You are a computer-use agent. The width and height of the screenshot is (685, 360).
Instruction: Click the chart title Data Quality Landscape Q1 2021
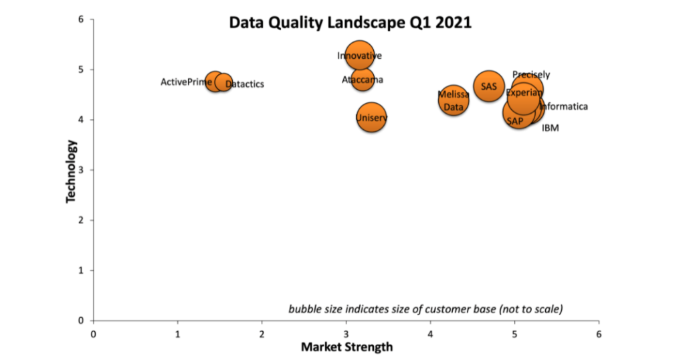click(350, 22)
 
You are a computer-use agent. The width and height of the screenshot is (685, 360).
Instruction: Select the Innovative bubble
click(360, 56)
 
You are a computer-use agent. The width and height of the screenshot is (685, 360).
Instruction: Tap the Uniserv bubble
click(371, 118)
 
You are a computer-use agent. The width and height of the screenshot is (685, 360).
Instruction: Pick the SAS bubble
click(489, 86)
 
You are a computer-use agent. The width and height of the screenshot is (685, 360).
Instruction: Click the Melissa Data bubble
click(454, 100)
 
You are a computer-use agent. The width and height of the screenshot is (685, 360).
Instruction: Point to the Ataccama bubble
click(363, 80)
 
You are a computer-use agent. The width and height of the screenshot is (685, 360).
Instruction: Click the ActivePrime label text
click(186, 82)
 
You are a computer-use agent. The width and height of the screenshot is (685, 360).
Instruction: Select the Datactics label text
click(245, 84)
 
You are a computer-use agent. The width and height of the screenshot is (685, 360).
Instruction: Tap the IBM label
click(550, 128)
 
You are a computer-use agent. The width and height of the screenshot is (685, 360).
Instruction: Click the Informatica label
click(564, 106)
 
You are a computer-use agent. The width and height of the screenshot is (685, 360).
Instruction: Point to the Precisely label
click(531, 74)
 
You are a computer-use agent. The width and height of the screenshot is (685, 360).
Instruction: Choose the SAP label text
click(515, 121)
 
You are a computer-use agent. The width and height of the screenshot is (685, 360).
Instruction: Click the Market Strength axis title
click(347, 347)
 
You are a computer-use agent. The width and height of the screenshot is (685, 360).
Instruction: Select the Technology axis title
click(71, 171)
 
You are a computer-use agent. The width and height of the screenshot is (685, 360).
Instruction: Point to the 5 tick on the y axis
click(80, 70)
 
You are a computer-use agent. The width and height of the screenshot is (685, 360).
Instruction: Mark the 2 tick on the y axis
click(80, 220)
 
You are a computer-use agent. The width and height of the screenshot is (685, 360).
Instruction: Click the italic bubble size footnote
click(425, 308)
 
